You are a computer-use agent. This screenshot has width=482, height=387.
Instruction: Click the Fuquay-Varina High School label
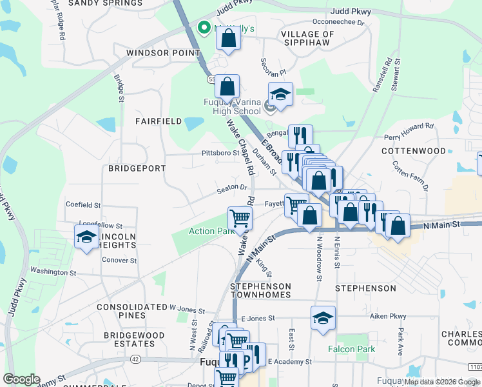click(x=222, y=106)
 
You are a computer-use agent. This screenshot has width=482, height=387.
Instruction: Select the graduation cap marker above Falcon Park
click(x=323, y=317)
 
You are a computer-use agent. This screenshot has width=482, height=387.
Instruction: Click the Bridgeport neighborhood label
click(x=137, y=168)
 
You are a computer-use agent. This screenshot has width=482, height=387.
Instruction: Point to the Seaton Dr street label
click(x=232, y=188)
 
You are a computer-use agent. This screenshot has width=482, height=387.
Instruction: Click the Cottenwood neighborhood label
click(x=413, y=151)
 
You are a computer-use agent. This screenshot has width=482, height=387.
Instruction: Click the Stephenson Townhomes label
click(x=261, y=291)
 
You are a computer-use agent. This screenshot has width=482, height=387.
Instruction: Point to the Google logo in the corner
click(x=22, y=379)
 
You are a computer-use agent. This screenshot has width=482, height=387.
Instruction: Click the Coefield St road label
click(x=83, y=205)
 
